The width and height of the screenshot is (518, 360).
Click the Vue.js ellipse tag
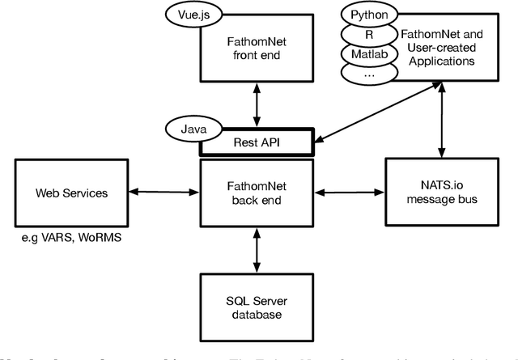(192, 15)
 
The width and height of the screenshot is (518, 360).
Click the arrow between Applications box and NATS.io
(440, 123)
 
